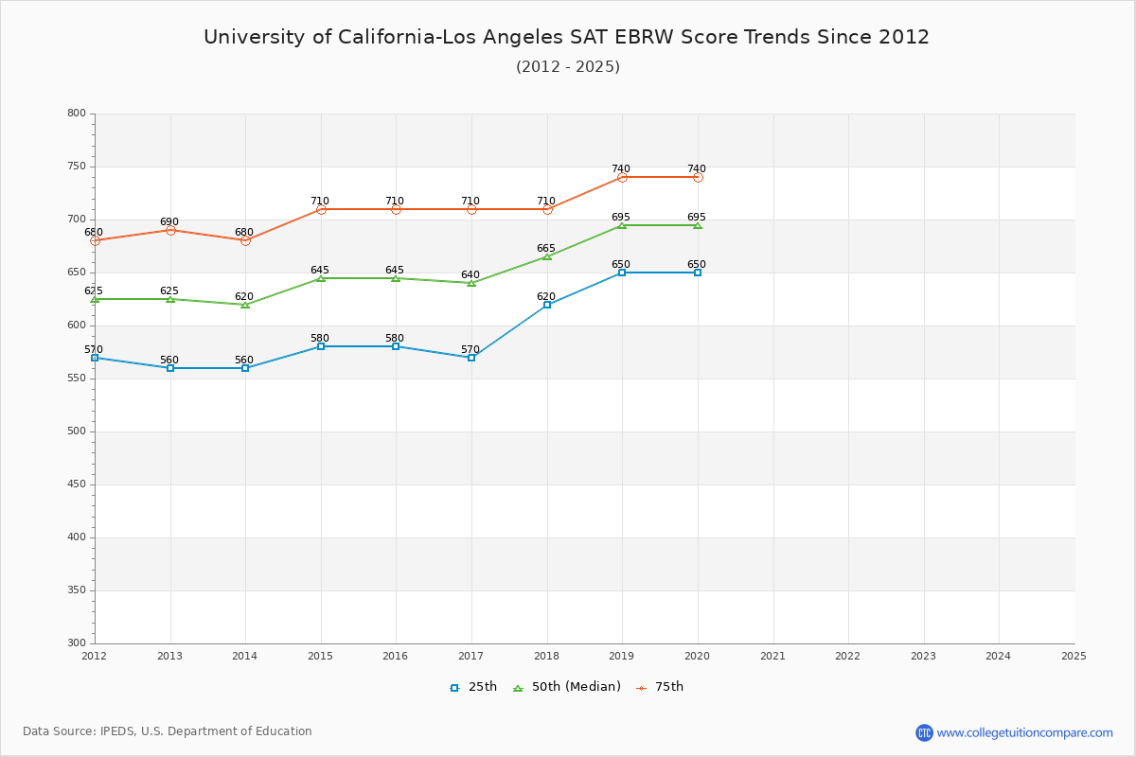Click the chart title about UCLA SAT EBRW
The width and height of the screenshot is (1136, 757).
[566, 37]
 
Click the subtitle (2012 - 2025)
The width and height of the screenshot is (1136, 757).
[567, 66]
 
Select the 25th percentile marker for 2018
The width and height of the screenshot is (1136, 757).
[547, 305]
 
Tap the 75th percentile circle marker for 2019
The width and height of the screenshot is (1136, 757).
[622, 177]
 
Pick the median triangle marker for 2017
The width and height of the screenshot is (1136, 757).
[471, 283]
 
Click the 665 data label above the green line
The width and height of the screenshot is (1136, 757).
[545, 249]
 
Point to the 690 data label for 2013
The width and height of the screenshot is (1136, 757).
[169, 222]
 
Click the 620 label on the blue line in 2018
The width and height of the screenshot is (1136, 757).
[545, 297]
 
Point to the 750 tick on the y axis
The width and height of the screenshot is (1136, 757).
[76, 167]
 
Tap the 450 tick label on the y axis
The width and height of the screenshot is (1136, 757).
[76, 484]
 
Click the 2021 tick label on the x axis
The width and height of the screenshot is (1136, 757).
[772, 655]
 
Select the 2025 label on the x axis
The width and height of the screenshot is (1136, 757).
[1073, 655]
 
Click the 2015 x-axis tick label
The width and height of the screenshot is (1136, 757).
[320, 655]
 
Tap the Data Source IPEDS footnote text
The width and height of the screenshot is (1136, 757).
[168, 731]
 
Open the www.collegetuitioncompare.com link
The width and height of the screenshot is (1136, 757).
[1024, 732]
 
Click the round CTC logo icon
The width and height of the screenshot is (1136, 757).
[924, 732]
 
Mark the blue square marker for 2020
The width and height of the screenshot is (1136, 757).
[698, 273]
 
